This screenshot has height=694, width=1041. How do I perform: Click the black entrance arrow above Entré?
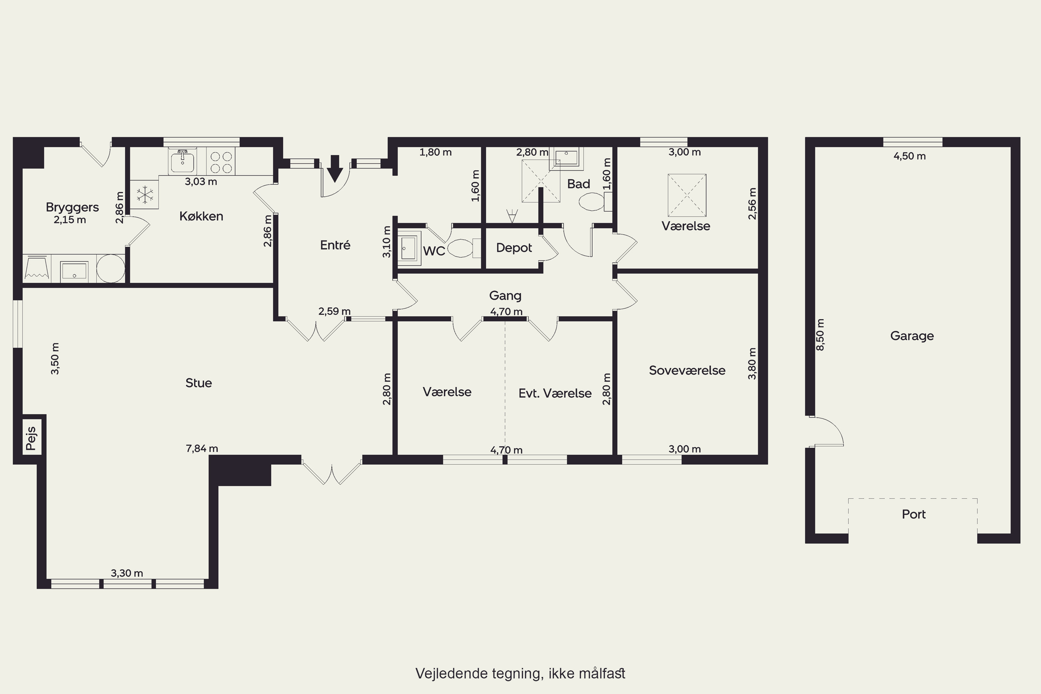[x=335, y=169]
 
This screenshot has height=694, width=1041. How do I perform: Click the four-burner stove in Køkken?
[x=221, y=162]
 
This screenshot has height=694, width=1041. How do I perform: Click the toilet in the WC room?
[x=464, y=248]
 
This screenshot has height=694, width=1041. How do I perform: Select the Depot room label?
[x=514, y=248]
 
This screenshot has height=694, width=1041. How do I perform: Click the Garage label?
[x=912, y=336]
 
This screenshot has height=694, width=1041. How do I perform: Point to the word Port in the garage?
[x=914, y=514]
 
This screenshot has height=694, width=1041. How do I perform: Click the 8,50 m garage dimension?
[x=820, y=335]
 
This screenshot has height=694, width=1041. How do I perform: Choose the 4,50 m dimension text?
[x=909, y=156]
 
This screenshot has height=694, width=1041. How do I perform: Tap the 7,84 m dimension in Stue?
[x=202, y=448]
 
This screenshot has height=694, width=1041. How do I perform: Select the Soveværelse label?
[x=687, y=371]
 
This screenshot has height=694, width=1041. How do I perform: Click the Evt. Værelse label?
[x=555, y=393]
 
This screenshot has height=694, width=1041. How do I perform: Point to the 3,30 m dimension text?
[x=127, y=573]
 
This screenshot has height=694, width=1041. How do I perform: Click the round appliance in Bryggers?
[x=111, y=269]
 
